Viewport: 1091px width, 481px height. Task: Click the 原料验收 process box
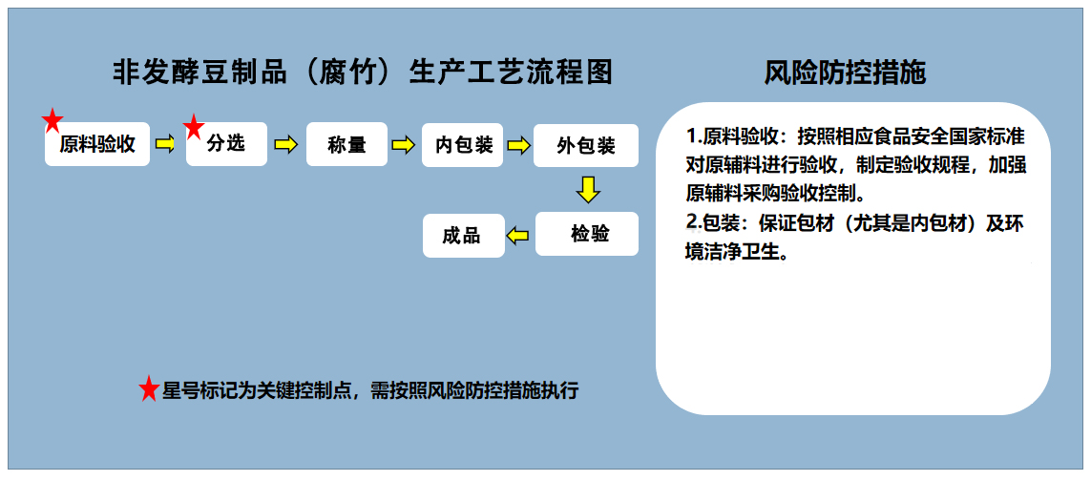pyautogui.click(x=97, y=144)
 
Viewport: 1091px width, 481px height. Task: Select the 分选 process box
pyautogui.click(x=227, y=144)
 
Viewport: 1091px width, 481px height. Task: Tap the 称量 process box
pyautogui.click(x=346, y=144)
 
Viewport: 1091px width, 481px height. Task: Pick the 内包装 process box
pyautogui.click(x=463, y=145)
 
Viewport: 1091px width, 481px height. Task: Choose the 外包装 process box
pyautogui.click(x=586, y=145)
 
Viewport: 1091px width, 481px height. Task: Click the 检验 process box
pyautogui.click(x=587, y=234)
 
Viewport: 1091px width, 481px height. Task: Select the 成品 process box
pyautogui.click(x=464, y=236)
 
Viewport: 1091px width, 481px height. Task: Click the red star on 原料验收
pyautogui.click(x=52, y=121)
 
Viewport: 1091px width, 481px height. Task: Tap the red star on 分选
pyautogui.click(x=194, y=128)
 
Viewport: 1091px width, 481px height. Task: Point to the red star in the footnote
pyautogui.click(x=149, y=389)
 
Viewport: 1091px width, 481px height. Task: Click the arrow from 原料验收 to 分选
pyautogui.click(x=165, y=144)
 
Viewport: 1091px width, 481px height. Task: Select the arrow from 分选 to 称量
pyautogui.click(x=285, y=144)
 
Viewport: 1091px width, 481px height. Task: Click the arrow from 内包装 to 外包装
pyautogui.click(x=517, y=145)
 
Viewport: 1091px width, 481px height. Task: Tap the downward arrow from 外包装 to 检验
pyautogui.click(x=588, y=189)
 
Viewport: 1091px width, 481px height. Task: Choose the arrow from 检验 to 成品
pyautogui.click(x=518, y=236)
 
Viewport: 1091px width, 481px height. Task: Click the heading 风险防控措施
pyautogui.click(x=845, y=73)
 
